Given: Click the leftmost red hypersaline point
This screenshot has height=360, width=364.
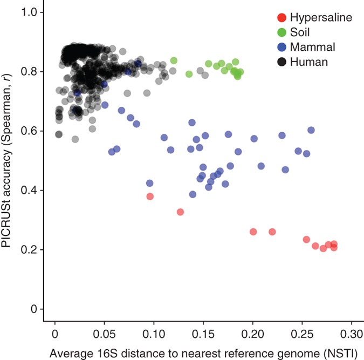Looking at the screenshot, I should [150, 196].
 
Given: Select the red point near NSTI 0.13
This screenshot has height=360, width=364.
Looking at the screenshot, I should [180, 212].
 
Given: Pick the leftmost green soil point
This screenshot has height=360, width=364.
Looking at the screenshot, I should [174, 60].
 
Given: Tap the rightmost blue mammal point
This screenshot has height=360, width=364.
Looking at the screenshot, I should [311, 130].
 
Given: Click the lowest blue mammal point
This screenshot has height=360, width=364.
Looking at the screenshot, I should [193, 194].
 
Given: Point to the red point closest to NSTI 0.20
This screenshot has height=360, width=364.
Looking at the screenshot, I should [253, 232].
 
